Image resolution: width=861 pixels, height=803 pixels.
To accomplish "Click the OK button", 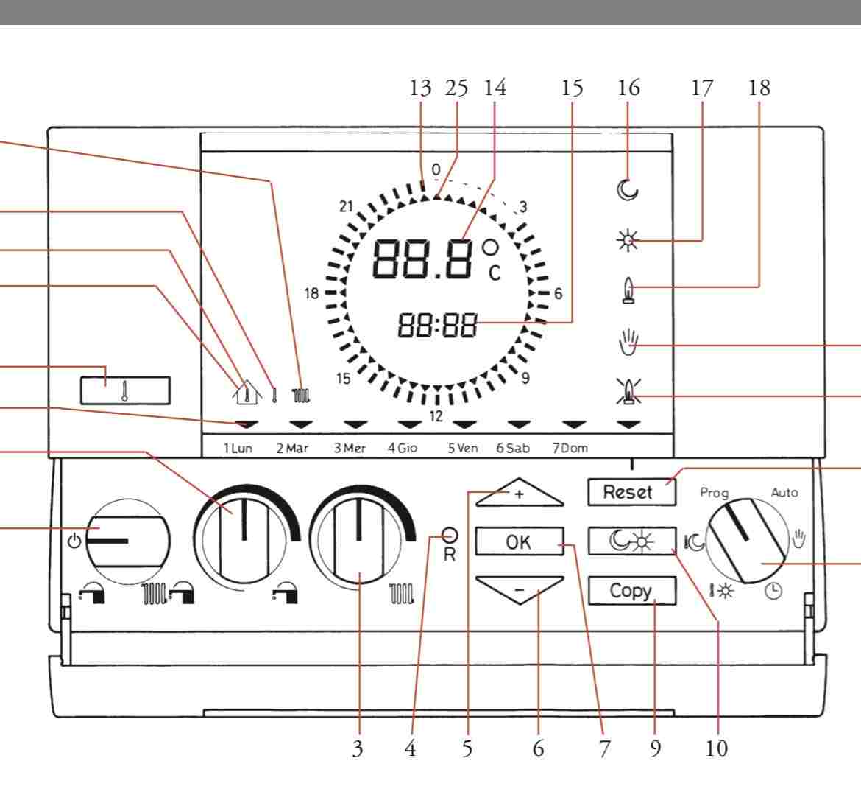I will click(x=519, y=542).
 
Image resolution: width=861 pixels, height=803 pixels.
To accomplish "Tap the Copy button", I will click(x=631, y=590).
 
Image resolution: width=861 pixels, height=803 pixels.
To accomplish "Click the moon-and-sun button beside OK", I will click(x=631, y=542).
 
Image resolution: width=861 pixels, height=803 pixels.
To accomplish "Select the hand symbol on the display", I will click(x=628, y=343).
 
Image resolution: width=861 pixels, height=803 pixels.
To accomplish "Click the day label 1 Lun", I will click(x=237, y=448).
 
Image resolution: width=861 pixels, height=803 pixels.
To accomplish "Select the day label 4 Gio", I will click(x=403, y=448).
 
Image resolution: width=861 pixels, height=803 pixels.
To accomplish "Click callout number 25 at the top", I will click(x=457, y=88).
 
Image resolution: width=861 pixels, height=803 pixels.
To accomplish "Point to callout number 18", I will click(x=759, y=88).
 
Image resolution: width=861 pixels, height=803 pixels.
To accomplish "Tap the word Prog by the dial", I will click(x=714, y=493).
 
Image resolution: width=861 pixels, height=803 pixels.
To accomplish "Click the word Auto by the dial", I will click(x=784, y=492).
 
